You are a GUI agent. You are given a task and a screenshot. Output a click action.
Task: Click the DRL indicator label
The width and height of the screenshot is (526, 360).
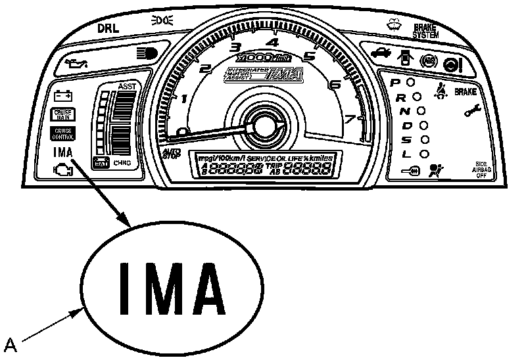[108, 29]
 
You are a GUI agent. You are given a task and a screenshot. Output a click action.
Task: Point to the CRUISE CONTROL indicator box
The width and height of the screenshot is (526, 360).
[64, 133]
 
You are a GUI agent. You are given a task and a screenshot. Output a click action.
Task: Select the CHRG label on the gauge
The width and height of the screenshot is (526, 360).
[123, 163]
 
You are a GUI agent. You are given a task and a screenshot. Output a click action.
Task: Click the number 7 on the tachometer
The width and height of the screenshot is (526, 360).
[350, 119]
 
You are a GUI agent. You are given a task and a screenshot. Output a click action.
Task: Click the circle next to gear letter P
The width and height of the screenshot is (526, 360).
[410, 83]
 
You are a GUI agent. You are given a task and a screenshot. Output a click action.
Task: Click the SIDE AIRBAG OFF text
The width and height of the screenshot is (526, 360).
[483, 169]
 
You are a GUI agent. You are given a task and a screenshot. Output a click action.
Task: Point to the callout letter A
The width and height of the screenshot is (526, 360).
[11, 344]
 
